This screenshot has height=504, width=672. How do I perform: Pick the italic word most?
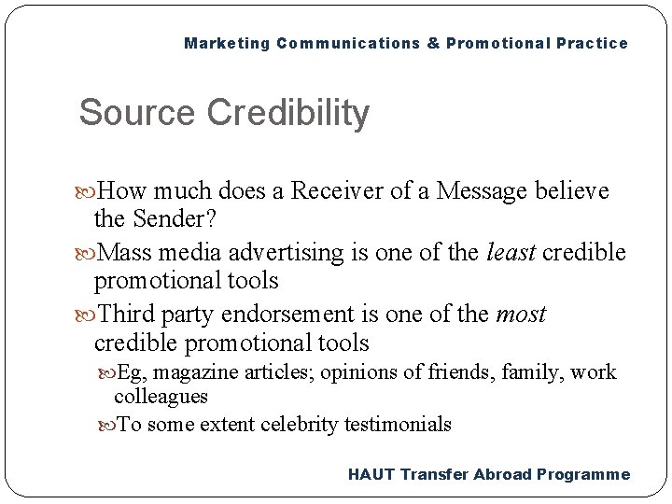tap(521, 315)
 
